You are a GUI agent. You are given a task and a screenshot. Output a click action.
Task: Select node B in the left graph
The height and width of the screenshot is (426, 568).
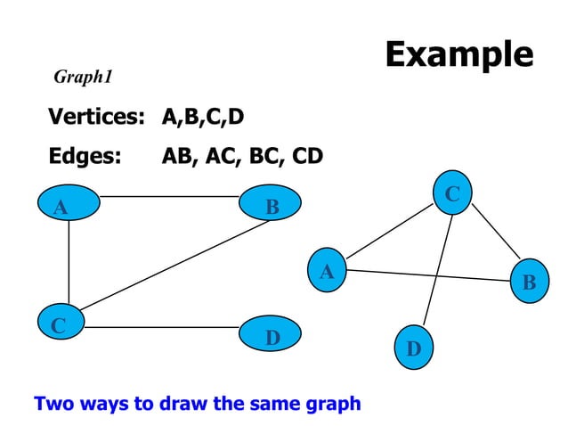click(272, 207)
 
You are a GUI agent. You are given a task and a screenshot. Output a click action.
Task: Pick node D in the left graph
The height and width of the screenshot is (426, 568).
click(272, 338)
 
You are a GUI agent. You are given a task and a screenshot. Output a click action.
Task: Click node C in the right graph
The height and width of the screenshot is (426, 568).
click(452, 193)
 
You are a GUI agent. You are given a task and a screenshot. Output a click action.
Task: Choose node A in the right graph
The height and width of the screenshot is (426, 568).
click(327, 271)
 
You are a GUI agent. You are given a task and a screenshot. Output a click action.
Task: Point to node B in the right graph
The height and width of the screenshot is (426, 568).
click(529, 282)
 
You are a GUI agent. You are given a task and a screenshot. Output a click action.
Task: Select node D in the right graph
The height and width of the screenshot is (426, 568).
click(413, 347)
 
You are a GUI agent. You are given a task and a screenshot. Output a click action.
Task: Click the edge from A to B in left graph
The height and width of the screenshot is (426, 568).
click(169, 195)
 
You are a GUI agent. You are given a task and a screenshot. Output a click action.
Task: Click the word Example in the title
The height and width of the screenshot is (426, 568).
click(458, 54)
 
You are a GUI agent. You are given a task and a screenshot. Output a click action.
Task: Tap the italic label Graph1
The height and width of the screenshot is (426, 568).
click(83, 78)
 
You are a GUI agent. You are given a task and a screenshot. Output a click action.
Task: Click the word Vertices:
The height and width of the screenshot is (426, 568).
click(95, 117)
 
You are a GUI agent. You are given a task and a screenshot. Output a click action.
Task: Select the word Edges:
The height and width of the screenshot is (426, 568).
click(85, 157)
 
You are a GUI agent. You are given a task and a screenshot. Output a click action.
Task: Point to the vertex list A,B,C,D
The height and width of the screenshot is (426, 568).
click(202, 117)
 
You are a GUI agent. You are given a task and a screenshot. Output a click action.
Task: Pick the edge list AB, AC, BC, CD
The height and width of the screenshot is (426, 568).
click(241, 157)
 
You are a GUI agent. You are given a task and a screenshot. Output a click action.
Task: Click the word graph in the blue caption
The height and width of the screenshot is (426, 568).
click(332, 403)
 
